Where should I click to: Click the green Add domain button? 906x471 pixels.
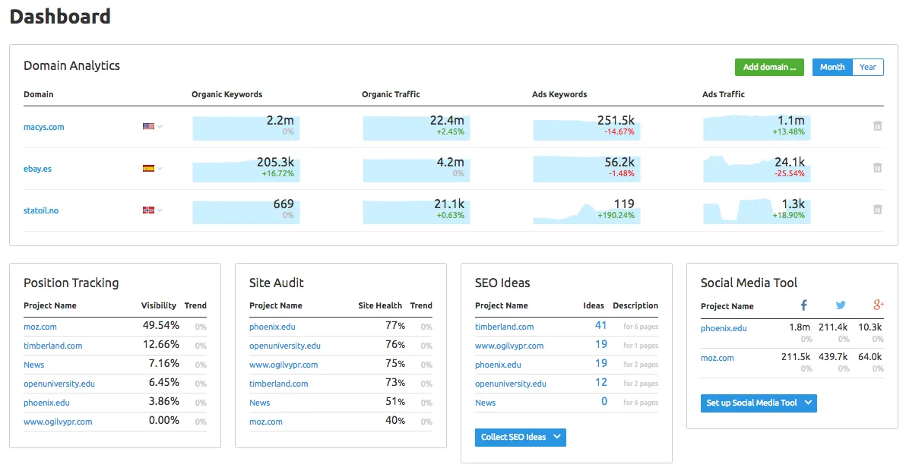point(769,67)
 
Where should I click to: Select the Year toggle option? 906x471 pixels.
point(868,67)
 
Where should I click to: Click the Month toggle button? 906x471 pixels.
point(832,67)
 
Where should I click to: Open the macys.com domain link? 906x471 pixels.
point(43,127)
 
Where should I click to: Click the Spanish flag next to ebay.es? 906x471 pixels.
point(149,169)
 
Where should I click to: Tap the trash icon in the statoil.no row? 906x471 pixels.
point(877,210)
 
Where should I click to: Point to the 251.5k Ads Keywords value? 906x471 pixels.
point(616,120)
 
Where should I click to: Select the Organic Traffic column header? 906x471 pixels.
point(391,94)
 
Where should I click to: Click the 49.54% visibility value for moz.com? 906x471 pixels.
point(160,326)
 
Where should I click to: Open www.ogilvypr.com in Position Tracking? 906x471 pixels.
point(58,422)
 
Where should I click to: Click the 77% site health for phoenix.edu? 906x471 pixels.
point(395,326)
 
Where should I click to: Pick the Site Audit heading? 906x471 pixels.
point(277,283)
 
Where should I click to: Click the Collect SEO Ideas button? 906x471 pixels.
point(520,437)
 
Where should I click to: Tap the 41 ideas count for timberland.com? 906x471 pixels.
point(600,326)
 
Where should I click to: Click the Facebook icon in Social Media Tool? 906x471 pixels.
point(804,305)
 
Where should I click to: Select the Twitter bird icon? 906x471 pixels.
point(841,305)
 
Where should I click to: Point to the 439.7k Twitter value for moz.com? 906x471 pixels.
point(833,357)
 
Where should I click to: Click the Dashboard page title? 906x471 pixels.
point(59,16)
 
